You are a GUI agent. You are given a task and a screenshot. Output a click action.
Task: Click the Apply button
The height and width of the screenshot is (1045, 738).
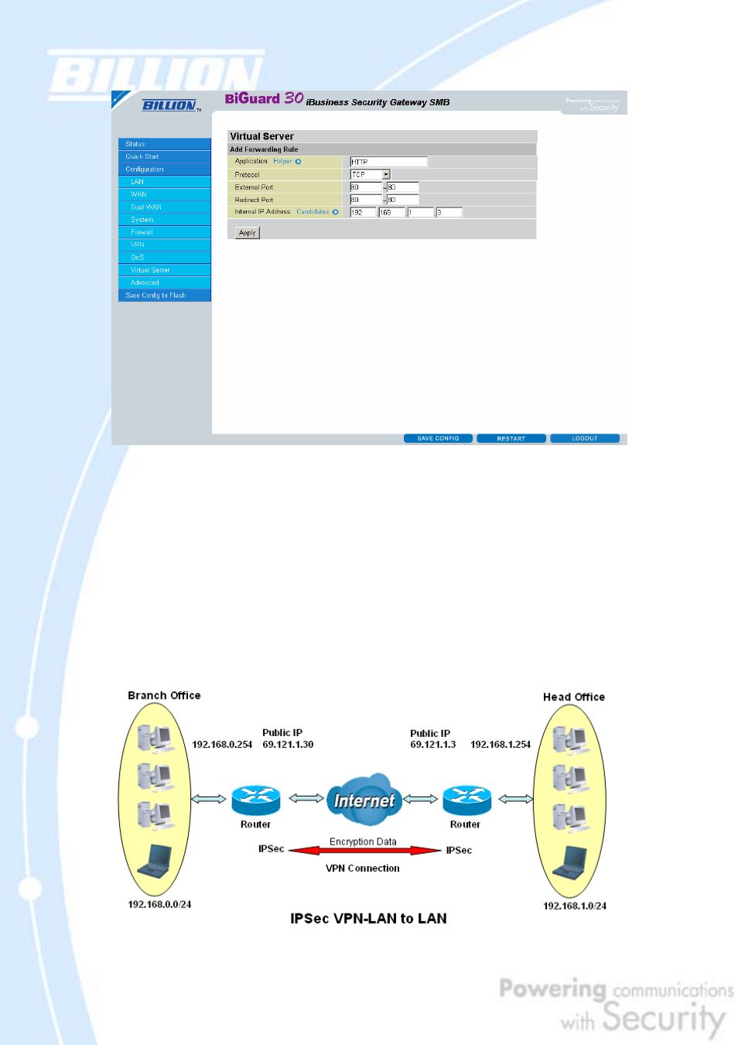248,232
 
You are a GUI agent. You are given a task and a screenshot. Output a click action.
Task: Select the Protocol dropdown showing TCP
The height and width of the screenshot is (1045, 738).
370,175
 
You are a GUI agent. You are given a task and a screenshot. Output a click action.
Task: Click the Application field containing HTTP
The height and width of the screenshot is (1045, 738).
388,162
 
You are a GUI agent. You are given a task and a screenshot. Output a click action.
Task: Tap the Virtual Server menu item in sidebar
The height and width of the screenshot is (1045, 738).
150,270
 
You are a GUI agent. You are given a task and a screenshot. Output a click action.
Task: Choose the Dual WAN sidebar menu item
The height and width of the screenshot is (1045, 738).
145,207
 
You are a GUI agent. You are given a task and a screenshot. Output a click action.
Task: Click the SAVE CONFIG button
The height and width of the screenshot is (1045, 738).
438,438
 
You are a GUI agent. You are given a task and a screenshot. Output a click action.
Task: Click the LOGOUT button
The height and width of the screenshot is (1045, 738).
584,438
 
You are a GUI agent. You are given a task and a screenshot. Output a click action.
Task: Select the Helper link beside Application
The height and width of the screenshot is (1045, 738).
283,162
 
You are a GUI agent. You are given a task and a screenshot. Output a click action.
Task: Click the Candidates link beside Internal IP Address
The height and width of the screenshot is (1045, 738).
313,211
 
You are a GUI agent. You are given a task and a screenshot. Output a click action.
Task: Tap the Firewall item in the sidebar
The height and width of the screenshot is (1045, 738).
142,232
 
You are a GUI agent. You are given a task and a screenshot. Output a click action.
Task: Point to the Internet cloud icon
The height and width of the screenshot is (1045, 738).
364,800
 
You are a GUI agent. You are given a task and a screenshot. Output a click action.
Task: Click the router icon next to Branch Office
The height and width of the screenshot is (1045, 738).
255,800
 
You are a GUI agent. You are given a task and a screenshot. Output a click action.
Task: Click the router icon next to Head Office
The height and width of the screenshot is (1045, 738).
466,800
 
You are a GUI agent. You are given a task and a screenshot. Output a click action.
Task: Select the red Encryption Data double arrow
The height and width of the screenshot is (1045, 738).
364,850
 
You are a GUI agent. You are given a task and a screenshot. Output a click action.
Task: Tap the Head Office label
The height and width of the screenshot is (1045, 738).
573,697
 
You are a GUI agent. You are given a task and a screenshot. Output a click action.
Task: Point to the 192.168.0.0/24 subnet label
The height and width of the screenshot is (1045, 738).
159,904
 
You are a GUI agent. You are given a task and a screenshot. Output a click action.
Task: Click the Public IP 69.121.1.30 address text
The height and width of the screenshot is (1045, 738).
288,745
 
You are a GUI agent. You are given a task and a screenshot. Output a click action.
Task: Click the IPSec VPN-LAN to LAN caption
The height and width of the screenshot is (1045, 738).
368,919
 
